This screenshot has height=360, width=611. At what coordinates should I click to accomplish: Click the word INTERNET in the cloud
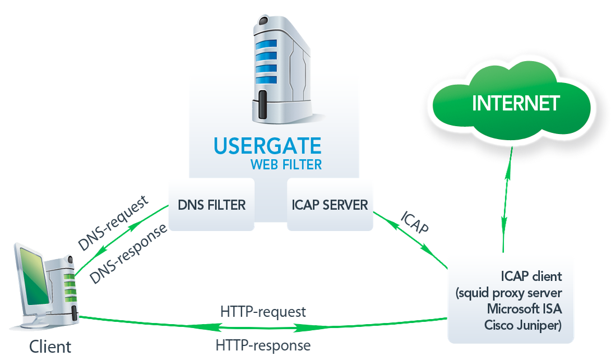tap(516, 103)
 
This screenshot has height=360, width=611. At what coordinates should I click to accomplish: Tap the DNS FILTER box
tap(211, 205)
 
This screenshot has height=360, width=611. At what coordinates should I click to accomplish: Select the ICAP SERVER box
tap(330, 205)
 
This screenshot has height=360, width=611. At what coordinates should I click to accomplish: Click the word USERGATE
tap(267, 145)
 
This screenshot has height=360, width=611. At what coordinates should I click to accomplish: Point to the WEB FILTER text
tap(286, 164)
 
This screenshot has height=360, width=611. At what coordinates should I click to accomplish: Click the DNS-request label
tap(113, 223)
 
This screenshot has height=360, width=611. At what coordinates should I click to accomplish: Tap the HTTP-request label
tap(263, 311)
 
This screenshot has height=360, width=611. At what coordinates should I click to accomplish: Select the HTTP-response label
tap(263, 345)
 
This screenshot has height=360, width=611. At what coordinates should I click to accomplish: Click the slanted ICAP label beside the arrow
tap(415, 223)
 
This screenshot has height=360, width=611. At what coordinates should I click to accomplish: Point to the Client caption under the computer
tap(50, 346)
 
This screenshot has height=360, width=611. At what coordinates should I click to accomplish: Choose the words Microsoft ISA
tap(524, 309)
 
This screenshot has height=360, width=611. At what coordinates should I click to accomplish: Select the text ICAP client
tap(532, 276)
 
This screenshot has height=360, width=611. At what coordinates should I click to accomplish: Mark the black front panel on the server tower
tap(263, 107)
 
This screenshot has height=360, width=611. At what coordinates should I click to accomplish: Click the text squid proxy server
tap(509, 293)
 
